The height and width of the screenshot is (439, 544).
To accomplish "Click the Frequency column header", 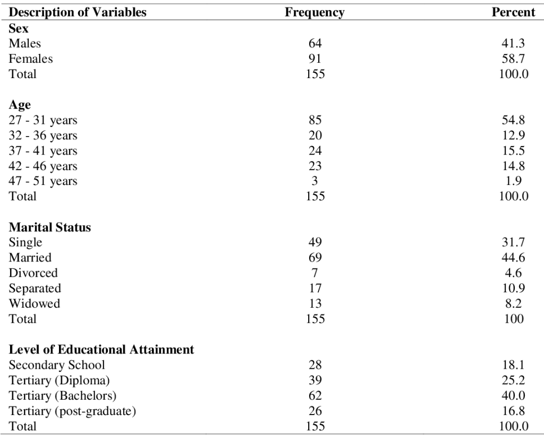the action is pyautogui.click(x=314, y=13).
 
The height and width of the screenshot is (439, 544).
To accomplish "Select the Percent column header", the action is pyautogui.click(x=514, y=12).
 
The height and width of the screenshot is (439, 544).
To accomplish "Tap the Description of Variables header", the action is pyautogui.click(x=78, y=13).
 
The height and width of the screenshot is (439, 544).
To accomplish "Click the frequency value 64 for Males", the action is pyautogui.click(x=315, y=44).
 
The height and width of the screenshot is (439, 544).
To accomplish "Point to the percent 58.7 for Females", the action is pyautogui.click(x=514, y=58).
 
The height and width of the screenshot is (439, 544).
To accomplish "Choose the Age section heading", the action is pyautogui.click(x=20, y=105).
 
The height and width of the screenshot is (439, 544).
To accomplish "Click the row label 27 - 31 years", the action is pyautogui.click(x=43, y=121).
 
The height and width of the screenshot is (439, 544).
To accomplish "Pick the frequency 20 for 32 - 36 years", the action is pyautogui.click(x=315, y=135).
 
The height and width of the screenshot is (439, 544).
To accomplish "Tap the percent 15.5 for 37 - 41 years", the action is pyautogui.click(x=514, y=150).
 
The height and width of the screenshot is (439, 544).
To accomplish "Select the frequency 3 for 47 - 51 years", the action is pyautogui.click(x=314, y=181).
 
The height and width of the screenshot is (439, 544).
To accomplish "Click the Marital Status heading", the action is pyautogui.click(x=49, y=227).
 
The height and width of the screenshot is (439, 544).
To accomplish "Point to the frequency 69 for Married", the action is pyautogui.click(x=315, y=257).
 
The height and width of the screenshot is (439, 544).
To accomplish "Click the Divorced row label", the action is pyautogui.click(x=33, y=273).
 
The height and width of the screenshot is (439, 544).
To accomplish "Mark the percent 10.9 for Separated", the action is pyautogui.click(x=514, y=288).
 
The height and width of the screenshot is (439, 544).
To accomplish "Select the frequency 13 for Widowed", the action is pyautogui.click(x=315, y=303).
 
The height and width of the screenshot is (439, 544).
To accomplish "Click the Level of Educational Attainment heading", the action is pyautogui.click(x=101, y=350).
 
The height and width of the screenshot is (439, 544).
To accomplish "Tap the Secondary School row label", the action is pyautogui.click(x=56, y=365).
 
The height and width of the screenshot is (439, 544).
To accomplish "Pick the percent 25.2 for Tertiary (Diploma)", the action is pyautogui.click(x=514, y=380).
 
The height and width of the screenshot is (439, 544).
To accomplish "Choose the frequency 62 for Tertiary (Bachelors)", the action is pyautogui.click(x=315, y=395).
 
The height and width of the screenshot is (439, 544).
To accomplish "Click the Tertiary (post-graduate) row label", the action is pyautogui.click(x=72, y=411).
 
